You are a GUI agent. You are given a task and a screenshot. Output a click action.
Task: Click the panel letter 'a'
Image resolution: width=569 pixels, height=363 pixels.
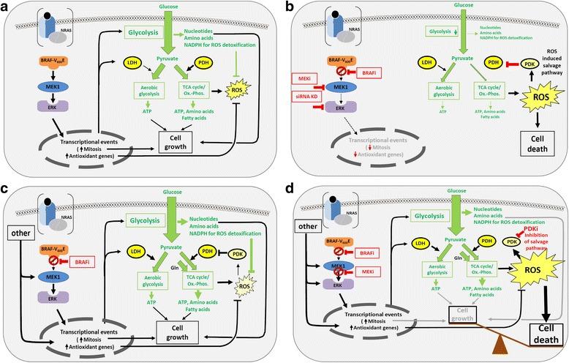7,7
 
